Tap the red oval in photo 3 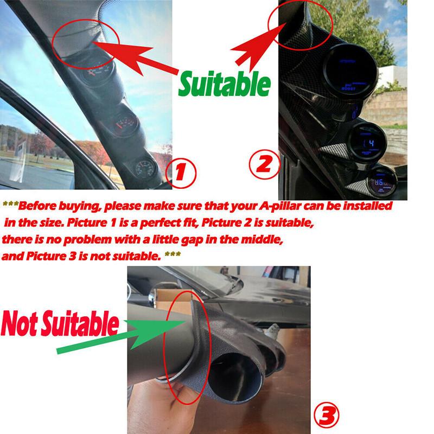pyautogui.click(x=182, y=355)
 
